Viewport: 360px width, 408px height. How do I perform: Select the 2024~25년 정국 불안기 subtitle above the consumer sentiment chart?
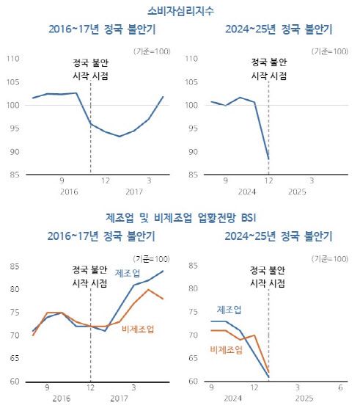(x=271, y=29)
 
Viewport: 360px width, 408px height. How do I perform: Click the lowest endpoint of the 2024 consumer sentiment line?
(x=268, y=159)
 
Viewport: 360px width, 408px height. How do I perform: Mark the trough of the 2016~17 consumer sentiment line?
(x=119, y=136)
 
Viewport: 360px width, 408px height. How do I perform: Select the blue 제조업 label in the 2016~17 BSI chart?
(x=129, y=274)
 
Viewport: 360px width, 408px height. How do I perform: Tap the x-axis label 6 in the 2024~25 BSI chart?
(x=341, y=387)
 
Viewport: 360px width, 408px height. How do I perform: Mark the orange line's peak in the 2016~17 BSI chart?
(x=149, y=289)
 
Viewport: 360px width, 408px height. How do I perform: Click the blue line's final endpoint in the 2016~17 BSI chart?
(x=164, y=271)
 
